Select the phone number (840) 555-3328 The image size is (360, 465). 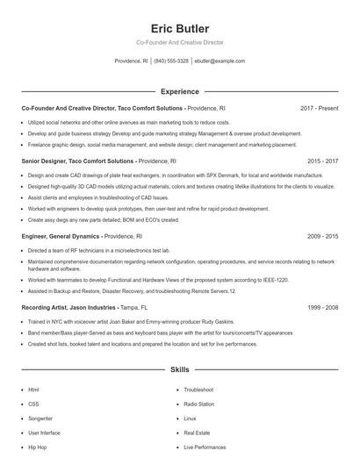coord(171,61)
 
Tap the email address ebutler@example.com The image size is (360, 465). coord(220,61)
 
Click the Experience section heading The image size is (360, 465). coord(179,91)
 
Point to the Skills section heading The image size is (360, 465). coord(179,371)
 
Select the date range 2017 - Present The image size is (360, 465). coord(319,108)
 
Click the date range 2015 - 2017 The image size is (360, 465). coord(322,161)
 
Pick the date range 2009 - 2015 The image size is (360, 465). coord(322,237)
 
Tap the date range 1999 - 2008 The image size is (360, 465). coord(322,308)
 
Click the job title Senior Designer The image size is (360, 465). coord(48,161)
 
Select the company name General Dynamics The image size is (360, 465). coord(74,237)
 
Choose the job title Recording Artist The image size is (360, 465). coord(47,308)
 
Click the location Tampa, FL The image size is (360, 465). coord(137,308)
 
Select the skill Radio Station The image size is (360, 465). coord(198,404)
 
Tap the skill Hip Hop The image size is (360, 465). coord(38,447)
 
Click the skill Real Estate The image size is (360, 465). coord(197,433)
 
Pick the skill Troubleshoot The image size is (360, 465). coord(199,390)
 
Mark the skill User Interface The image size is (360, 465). coord(44,433)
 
